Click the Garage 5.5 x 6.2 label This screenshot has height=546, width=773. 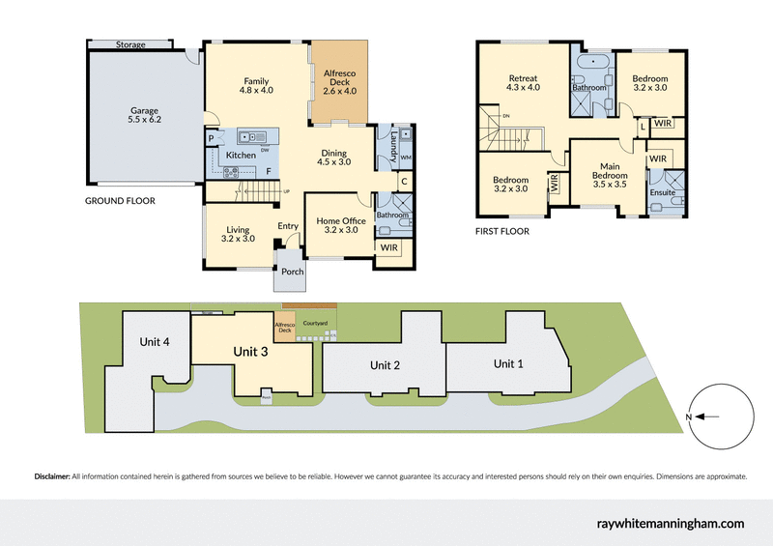click(144, 115)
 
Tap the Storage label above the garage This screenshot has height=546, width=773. click(130, 44)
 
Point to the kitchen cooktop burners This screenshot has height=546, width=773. click(233, 172)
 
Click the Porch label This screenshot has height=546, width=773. click(292, 272)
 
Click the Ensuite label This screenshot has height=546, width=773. click(663, 192)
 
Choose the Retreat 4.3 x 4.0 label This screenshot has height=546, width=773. click(523, 84)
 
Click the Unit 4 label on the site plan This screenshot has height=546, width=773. click(154, 342)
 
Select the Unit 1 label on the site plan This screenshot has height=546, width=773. click(509, 363)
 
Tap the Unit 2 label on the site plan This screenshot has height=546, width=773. click(384, 364)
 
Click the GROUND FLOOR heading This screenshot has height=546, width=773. click(121, 201)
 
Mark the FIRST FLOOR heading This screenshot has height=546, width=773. click(501, 232)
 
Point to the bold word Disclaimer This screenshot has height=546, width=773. click(51, 476)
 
